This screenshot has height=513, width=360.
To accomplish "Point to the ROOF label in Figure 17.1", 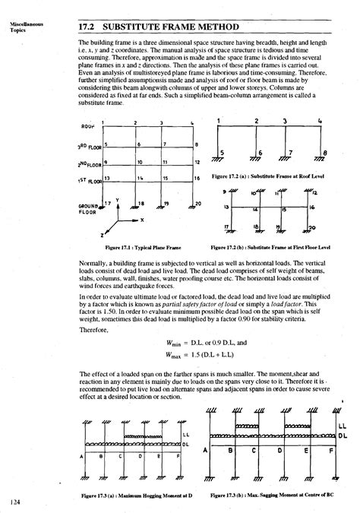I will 85,126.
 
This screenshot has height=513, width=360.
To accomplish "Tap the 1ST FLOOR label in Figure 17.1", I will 90,180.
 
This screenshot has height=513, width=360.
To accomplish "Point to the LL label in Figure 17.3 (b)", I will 343,425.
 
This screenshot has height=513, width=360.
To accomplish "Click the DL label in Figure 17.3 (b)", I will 343,435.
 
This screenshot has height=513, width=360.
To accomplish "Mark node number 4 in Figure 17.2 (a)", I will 321,120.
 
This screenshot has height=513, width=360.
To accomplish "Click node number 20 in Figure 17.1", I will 197,204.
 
